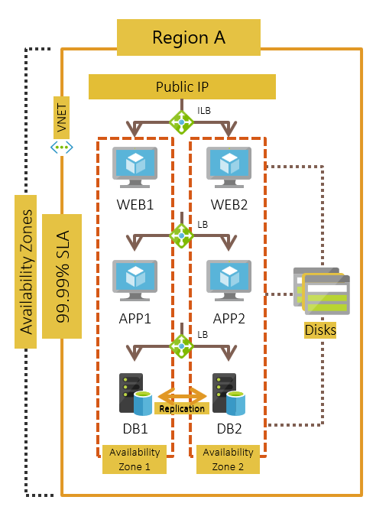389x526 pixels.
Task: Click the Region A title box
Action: [x=188, y=37]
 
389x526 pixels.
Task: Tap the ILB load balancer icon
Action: [x=181, y=121]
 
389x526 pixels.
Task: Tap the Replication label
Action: [x=181, y=408]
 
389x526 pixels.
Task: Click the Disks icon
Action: [x=322, y=291]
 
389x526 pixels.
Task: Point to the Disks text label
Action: [x=319, y=330]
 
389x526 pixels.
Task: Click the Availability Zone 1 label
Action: [x=135, y=459]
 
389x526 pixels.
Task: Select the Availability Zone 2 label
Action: [x=228, y=459]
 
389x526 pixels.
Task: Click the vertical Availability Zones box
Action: [x=26, y=271]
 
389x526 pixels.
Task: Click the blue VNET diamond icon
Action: [x=62, y=147]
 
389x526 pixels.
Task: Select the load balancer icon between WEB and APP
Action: [x=181, y=235]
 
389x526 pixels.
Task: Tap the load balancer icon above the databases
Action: [x=181, y=347]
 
